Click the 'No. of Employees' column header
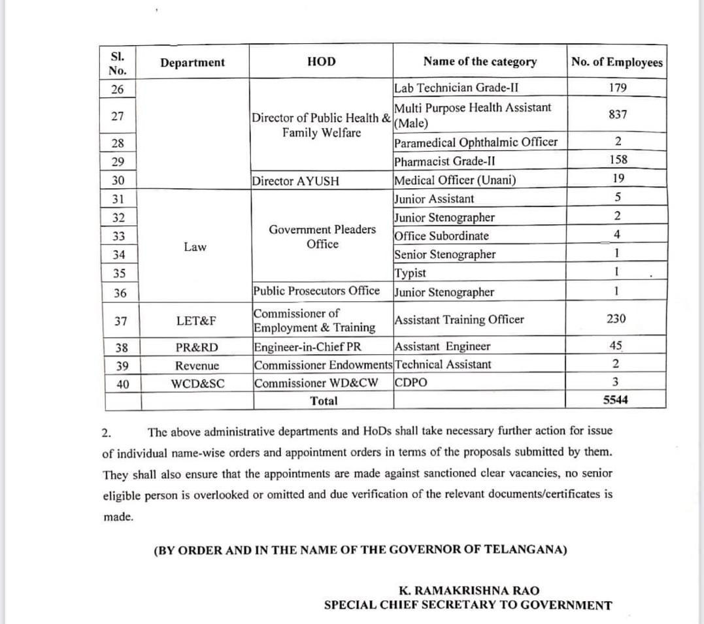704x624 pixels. point(616,63)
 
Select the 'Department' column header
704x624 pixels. point(192,63)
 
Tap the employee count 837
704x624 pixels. point(617,114)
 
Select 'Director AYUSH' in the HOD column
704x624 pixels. point(295,182)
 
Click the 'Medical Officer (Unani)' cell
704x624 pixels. point(455,180)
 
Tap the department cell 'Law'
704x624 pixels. point(195,247)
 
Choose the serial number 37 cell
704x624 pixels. point(120,321)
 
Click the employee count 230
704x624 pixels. point(616,319)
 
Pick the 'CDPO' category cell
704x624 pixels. point(411,383)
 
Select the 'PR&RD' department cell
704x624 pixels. point(197,347)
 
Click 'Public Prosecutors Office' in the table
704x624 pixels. point(316,291)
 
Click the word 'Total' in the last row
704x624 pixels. point(324,401)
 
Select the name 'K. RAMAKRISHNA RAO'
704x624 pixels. point(469,591)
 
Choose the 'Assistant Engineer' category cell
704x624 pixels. point(443,346)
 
